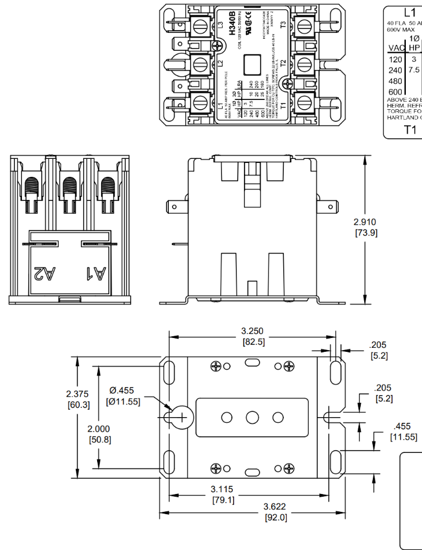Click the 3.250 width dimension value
pyautogui.click(x=252, y=331)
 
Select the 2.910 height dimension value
pyautogui.click(x=365, y=222)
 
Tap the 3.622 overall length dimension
pyautogui.click(x=276, y=507)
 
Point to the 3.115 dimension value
pyautogui.click(x=222, y=489)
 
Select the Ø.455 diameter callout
pyautogui.click(x=122, y=391)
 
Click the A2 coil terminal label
pyautogui.click(x=45, y=272)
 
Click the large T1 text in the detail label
pyautogui.click(x=410, y=129)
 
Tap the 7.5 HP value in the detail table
pyautogui.click(x=414, y=70)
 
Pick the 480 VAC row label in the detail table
pyautogui.click(x=395, y=81)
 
